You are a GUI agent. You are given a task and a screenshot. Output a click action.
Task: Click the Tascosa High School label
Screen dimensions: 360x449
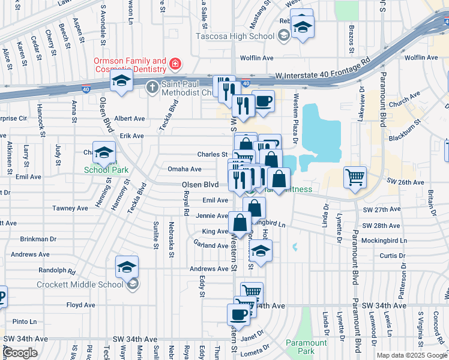click(x=235, y=36)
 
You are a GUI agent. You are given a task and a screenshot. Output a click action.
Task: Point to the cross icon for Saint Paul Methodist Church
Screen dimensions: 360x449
click(x=152, y=86)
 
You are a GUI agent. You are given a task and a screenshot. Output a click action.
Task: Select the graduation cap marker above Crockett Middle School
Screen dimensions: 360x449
click(x=127, y=267)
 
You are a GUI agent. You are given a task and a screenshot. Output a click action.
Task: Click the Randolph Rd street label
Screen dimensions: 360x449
click(x=57, y=270)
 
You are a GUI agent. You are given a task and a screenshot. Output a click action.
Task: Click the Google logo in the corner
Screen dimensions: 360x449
click(x=20, y=353)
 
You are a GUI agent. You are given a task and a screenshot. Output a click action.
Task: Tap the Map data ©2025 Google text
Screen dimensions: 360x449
click(x=411, y=355)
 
